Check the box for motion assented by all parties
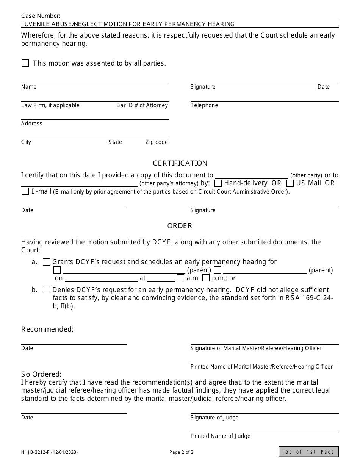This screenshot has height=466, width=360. pos(25,63)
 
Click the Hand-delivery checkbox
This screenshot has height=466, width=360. pos(218,183)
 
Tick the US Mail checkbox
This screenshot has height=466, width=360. pos(290,183)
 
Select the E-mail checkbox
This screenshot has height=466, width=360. pos(25,191)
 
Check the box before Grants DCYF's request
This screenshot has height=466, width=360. pos(46,262)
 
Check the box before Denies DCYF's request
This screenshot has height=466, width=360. pos(46,290)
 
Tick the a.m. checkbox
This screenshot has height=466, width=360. pos(181,278)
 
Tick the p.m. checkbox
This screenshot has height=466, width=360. pos(206,278)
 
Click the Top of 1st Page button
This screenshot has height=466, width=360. pos(308,452)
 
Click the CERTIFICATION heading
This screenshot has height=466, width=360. pos(180,163)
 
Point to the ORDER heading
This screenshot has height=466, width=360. pos(180,226)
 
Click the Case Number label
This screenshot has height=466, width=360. pos(41,16)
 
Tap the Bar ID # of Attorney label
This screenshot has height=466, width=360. pos(142,105)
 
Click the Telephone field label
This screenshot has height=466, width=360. pos(204,105)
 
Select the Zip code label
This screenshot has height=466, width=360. pos(157,142)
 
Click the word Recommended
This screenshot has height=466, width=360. pos(47,329)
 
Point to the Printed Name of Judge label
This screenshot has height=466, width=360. pos(221,436)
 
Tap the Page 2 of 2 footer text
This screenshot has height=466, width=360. pos(181,452)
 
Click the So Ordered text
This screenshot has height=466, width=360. pos(41,374)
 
